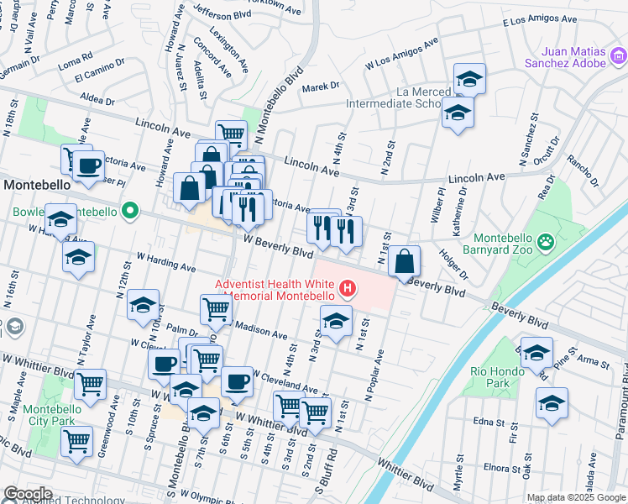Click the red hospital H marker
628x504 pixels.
tap(348, 291)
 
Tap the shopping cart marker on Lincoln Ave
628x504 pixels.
tap(231, 134)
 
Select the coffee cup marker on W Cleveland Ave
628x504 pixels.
tap(236, 381)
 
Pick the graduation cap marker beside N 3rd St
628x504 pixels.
tap(336, 321)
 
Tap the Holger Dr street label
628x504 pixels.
tap(454, 263)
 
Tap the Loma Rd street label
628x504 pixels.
tap(75, 62)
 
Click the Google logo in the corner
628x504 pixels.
tap(27, 494)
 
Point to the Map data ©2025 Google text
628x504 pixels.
tap(575, 497)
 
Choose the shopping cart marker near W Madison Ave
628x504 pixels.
tap(217, 309)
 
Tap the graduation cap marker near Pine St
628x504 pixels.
tap(537, 353)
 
